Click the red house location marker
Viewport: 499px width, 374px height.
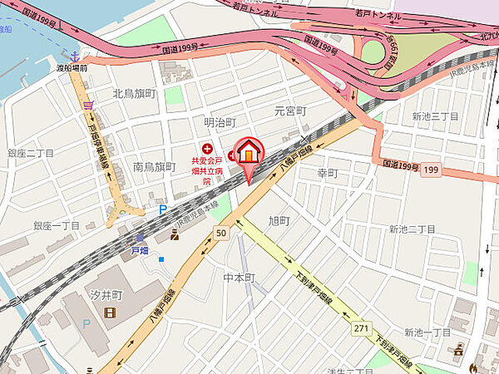click(x=249, y=153)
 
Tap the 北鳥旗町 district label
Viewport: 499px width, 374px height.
click(x=133, y=94)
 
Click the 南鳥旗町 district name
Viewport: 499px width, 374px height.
click(x=155, y=167)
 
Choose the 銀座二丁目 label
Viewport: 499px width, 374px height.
click(x=32, y=154)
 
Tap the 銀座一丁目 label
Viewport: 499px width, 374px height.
click(x=56, y=225)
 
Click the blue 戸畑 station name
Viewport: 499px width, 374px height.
click(x=140, y=248)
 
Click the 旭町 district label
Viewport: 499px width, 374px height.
click(x=278, y=220)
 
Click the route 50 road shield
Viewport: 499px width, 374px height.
click(x=220, y=234)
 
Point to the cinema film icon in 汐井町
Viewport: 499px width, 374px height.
click(x=110, y=312)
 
